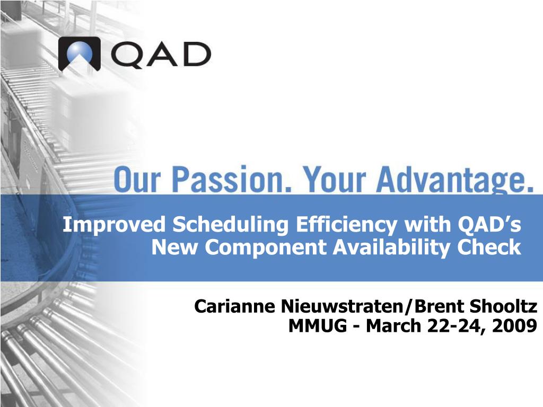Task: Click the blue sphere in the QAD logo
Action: pyautogui.click(x=80, y=52)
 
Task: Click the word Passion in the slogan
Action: pyautogui.click(x=232, y=180)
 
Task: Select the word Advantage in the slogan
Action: pyautogui.click(x=455, y=181)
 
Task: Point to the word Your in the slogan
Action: pyautogui.click(x=334, y=180)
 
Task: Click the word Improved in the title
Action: pyautogui.click(x=115, y=225)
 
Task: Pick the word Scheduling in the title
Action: pyautogui.click(x=230, y=225)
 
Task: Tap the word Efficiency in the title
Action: pyautogui.click(x=346, y=225)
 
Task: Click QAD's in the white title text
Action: pyautogui.click(x=489, y=224)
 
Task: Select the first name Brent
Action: pyautogui.click(x=439, y=306)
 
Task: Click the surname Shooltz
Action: pyautogui.click(x=503, y=306)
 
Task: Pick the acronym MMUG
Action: pyautogui.click(x=317, y=326)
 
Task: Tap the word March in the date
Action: pyautogui.click(x=393, y=326)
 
